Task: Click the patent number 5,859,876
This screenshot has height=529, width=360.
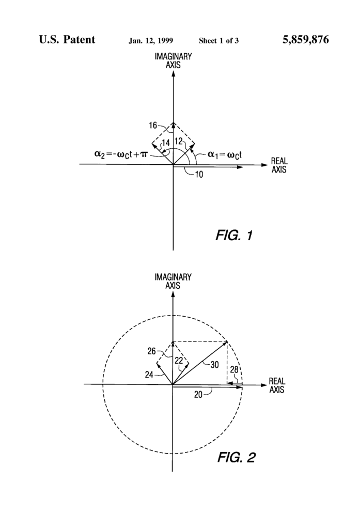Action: [x=305, y=40]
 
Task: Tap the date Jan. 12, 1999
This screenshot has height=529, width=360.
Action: [x=150, y=41]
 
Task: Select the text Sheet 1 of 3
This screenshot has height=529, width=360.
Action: [x=218, y=41]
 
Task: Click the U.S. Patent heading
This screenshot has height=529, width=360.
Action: [x=67, y=39]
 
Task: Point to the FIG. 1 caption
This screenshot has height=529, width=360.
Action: [x=234, y=235]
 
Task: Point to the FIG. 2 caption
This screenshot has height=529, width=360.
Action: [x=236, y=458]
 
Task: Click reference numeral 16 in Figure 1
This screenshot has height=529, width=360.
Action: [x=153, y=126]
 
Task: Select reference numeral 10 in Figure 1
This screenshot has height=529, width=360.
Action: [x=199, y=175]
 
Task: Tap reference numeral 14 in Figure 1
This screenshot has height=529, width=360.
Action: [x=166, y=143]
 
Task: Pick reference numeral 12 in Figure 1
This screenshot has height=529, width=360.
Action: [x=179, y=141]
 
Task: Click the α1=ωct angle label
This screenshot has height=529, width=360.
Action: [x=224, y=155]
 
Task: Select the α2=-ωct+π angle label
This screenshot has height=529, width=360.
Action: [x=121, y=154]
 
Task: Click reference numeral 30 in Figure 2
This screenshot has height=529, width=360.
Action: [x=214, y=365]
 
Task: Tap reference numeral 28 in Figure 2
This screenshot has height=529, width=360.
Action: [x=234, y=370]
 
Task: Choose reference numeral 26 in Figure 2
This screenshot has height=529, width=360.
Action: [x=151, y=351]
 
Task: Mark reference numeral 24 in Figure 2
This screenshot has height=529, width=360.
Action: [x=149, y=375]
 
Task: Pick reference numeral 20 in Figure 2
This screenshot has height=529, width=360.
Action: [x=198, y=394]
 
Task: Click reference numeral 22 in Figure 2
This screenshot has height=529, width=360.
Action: [x=179, y=361]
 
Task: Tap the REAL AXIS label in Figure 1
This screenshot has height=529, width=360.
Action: [x=279, y=165]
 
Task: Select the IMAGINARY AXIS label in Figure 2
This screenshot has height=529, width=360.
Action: [x=173, y=282]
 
